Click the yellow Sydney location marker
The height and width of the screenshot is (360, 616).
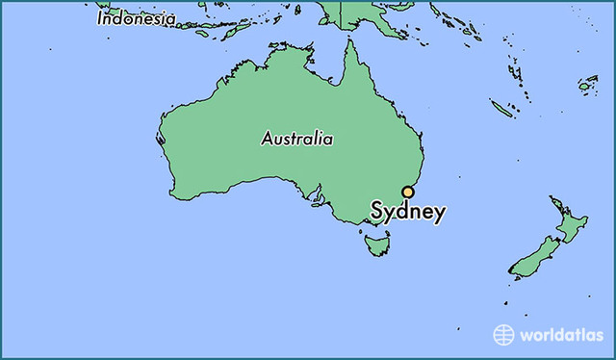(408, 192)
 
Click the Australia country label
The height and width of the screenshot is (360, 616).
(297, 139)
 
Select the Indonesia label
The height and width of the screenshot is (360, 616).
(136, 18)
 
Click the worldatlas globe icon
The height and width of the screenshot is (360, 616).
(504, 335)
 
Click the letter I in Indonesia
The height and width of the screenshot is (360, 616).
(99, 18)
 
